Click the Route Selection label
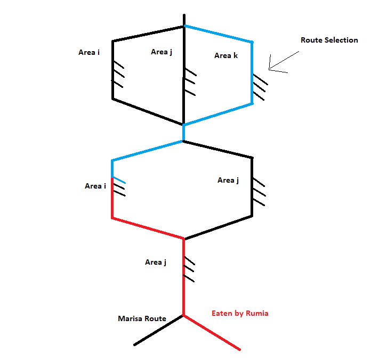point(329,40)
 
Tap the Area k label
point(226,55)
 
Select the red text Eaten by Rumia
point(240,313)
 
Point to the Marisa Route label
point(142,318)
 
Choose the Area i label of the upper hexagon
point(89,52)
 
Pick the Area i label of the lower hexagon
point(95,186)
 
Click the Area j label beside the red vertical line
point(156,262)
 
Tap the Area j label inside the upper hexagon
point(162,52)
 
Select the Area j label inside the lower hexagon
point(228,180)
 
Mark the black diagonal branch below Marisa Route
point(158,330)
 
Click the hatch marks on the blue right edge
point(259,87)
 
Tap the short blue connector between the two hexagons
point(183,133)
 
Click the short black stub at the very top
point(184,20)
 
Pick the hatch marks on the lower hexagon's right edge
point(259,192)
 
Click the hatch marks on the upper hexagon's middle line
point(190,82)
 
